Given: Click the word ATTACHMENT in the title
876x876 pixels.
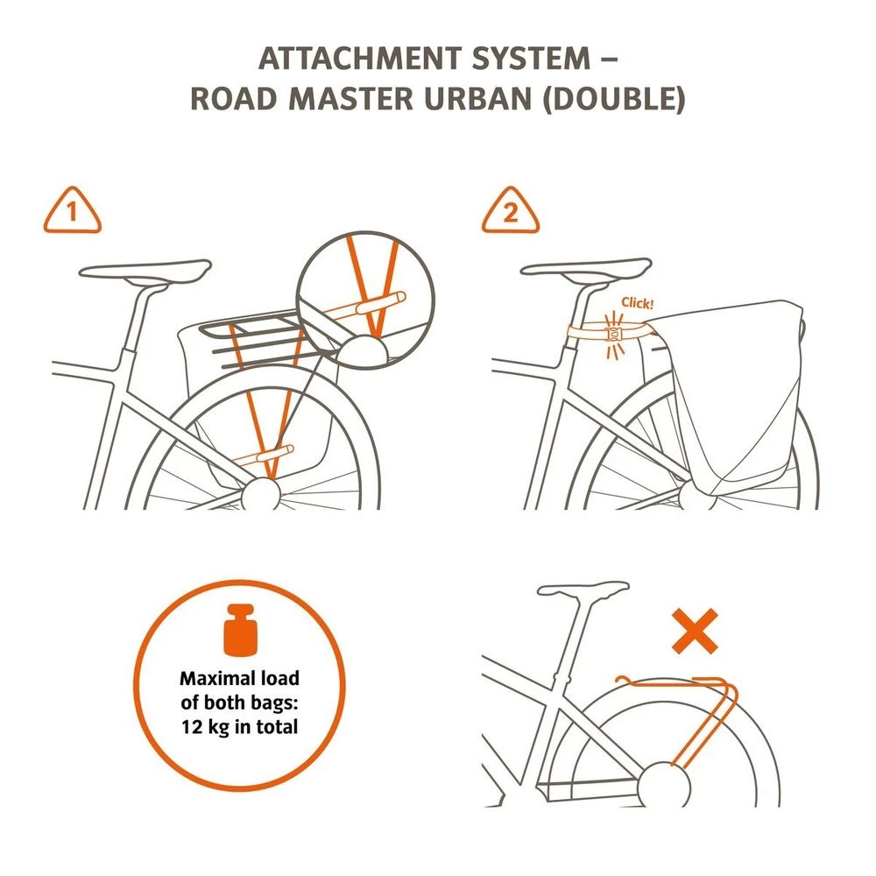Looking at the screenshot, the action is pos(360,59).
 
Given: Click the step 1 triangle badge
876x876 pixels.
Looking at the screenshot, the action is pos(73,210).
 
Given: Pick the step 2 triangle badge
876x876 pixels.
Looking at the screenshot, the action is pos(511,210).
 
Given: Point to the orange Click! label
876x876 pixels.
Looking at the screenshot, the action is pos(638,303).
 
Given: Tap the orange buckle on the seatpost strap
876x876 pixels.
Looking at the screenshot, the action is pos(614,335).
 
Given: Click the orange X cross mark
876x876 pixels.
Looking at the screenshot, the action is pos(695,631).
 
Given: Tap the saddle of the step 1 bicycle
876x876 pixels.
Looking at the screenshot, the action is pos(145,271).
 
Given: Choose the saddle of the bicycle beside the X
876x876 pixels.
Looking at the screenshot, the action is pos(583,591).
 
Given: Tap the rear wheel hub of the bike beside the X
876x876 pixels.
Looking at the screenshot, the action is pos(664,784).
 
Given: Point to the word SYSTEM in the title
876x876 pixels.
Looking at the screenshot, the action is pos(531,59).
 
